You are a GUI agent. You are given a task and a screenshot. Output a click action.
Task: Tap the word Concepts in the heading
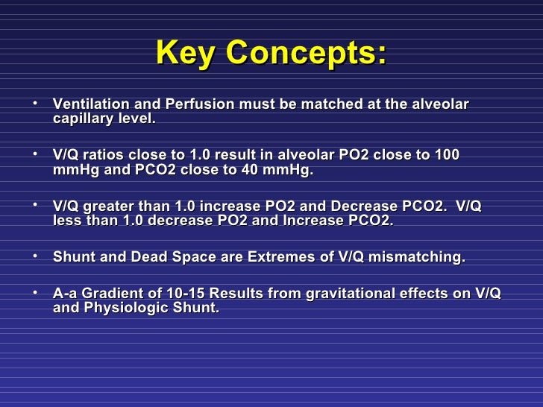click(x=306, y=53)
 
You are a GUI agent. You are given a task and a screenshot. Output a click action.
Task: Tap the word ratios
click(x=104, y=155)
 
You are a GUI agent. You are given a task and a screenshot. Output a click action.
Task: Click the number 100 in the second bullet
click(x=447, y=155)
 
